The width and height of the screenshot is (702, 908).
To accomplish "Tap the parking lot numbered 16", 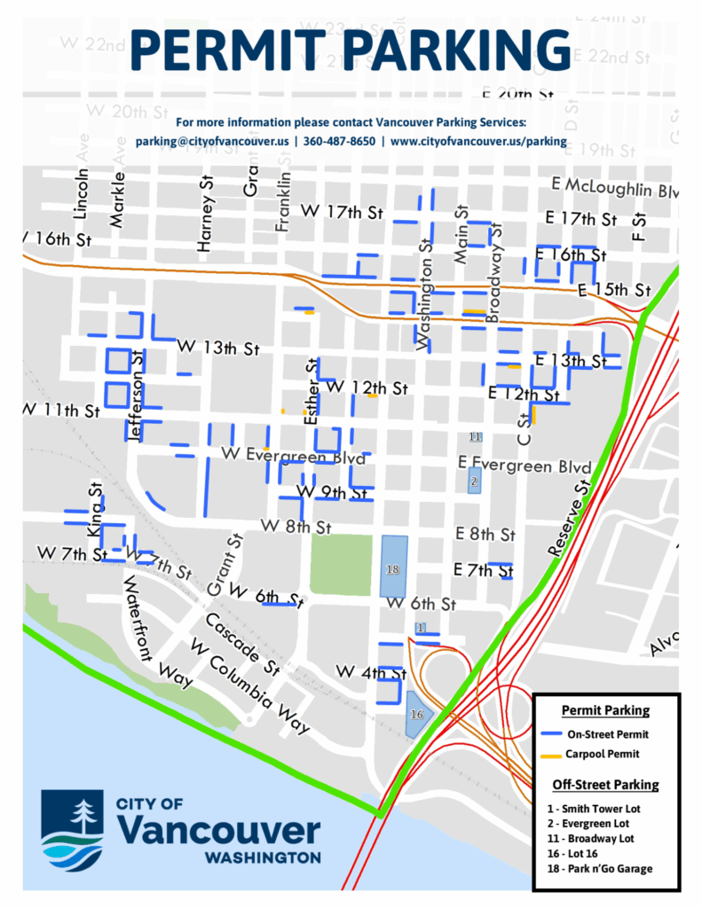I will (x=416, y=714).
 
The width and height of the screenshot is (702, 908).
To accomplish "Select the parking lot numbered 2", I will (x=474, y=481).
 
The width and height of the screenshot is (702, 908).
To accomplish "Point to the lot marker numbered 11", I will (x=475, y=437).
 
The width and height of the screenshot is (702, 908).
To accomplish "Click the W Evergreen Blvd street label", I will (x=293, y=457).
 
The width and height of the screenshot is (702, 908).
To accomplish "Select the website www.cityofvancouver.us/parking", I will (x=478, y=141).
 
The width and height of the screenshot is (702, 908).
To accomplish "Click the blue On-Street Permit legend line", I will (x=555, y=733).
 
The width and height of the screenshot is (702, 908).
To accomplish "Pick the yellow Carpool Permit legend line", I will (x=555, y=755).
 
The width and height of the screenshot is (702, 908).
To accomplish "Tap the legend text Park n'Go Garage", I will (x=609, y=868).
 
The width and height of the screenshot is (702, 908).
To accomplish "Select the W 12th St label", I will (x=367, y=388).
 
